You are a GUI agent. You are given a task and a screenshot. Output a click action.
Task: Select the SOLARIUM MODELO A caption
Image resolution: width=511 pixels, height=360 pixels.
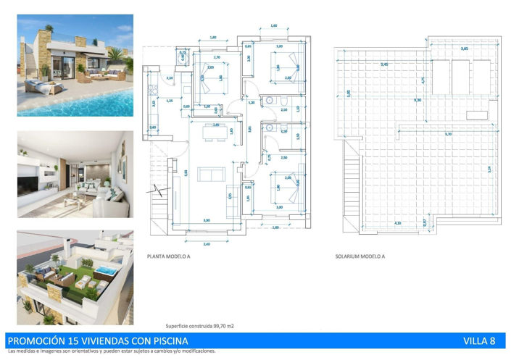360,256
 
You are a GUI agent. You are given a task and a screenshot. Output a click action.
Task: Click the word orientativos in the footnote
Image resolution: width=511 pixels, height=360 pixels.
82,351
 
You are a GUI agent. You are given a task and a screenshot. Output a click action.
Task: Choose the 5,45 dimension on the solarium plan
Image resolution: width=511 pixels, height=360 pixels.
384,64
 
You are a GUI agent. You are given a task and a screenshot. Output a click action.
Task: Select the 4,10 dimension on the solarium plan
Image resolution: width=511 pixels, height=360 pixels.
397,223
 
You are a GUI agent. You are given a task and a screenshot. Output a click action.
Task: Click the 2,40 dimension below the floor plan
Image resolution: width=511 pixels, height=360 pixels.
207,244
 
